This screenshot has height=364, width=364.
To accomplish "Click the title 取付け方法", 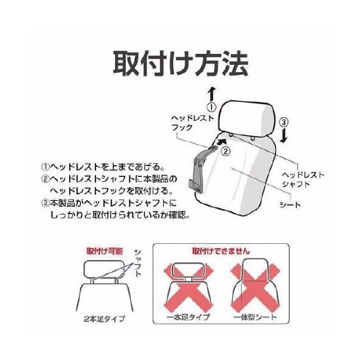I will click(x=181, y=63).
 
